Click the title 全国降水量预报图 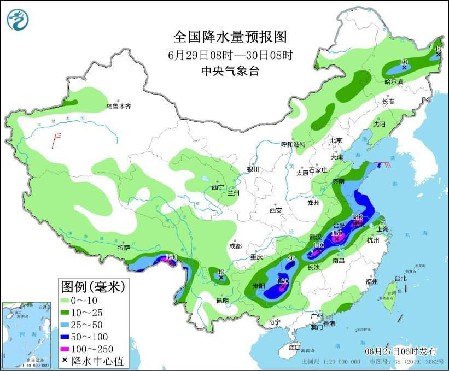click(x=230, y=37)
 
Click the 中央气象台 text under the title click(x=230, y=70)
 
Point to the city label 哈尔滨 click(x=393, y=81)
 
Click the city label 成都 click(x=236, y=246)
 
